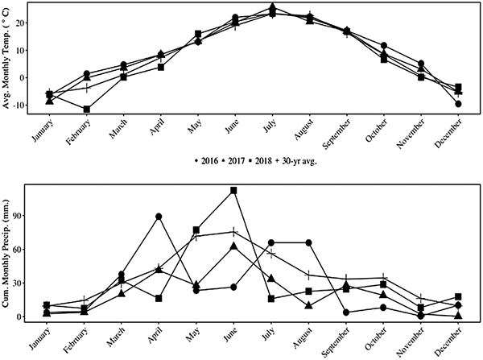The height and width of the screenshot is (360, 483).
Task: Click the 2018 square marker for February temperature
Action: point(87,109)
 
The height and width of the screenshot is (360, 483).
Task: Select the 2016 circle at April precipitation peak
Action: point(159,217)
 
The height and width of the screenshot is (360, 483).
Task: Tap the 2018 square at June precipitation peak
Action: point(233,190)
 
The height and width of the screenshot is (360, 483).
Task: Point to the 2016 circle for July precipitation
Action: point(271,242)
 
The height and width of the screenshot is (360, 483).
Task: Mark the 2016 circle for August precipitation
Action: point(308,242)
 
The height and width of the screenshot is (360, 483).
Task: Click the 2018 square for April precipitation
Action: point(159,298)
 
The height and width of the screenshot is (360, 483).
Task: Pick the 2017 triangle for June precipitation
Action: point(233,246)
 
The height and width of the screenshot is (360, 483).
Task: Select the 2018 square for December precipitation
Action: point(458,296)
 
